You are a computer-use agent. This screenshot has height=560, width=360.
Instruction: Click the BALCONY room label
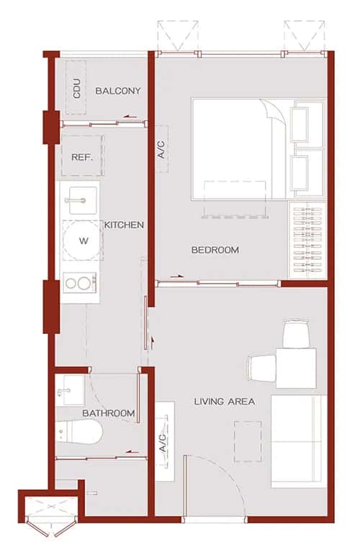(117, 91)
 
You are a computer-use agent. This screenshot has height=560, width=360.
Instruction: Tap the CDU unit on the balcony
(76, 88)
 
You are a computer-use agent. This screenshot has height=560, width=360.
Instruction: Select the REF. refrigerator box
(81, 156)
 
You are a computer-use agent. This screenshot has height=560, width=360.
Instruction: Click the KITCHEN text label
(124, 225)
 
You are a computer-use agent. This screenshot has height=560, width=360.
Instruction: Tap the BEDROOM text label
(215, 250)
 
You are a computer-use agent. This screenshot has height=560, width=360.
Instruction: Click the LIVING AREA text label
(224, 401)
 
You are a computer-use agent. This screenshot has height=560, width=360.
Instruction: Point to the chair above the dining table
(296, 333)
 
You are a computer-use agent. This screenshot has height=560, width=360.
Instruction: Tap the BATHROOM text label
(108, 413)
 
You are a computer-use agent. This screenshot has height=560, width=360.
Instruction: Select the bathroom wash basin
(71, 389)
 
